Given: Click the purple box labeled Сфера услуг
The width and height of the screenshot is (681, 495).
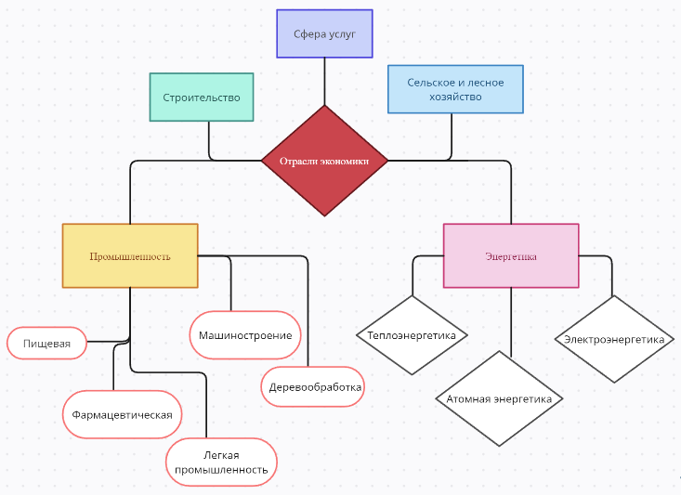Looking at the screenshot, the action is click(324, 33).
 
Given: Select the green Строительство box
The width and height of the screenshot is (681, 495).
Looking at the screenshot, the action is click(202, 97).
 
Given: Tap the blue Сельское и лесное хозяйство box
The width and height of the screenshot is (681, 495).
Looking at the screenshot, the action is click(455, 89).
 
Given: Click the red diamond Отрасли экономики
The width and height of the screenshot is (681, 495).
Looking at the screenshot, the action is click(324, 161).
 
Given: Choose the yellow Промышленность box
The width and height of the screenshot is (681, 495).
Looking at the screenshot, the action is click(130, 255).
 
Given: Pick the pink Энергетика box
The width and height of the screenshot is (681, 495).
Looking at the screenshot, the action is click(511, 255).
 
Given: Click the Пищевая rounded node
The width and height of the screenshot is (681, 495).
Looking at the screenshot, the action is click(46, 343).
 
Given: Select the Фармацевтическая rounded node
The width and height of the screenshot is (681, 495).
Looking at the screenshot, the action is click(122, 415).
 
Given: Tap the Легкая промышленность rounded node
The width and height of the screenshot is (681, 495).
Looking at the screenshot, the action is click(221, 462).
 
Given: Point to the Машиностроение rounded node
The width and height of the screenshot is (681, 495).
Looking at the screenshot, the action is click(245, 335).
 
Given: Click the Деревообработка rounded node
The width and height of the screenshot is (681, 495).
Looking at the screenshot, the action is click(313, 387).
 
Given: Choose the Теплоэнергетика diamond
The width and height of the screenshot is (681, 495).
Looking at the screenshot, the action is click(412, 335).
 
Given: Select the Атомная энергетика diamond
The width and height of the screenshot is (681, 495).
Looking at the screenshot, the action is click(499, 398).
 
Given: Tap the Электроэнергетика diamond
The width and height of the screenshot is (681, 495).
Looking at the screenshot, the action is click(614, 339).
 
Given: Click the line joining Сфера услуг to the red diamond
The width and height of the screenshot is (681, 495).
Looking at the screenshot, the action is click(324, 82).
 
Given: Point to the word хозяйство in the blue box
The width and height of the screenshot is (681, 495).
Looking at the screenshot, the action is click(455, 97).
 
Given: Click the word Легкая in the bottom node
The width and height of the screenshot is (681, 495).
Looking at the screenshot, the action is click(221, 455).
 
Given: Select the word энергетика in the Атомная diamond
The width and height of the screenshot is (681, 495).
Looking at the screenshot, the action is click(525, 399).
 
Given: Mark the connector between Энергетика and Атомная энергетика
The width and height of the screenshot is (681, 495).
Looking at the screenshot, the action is click(511, 322).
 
